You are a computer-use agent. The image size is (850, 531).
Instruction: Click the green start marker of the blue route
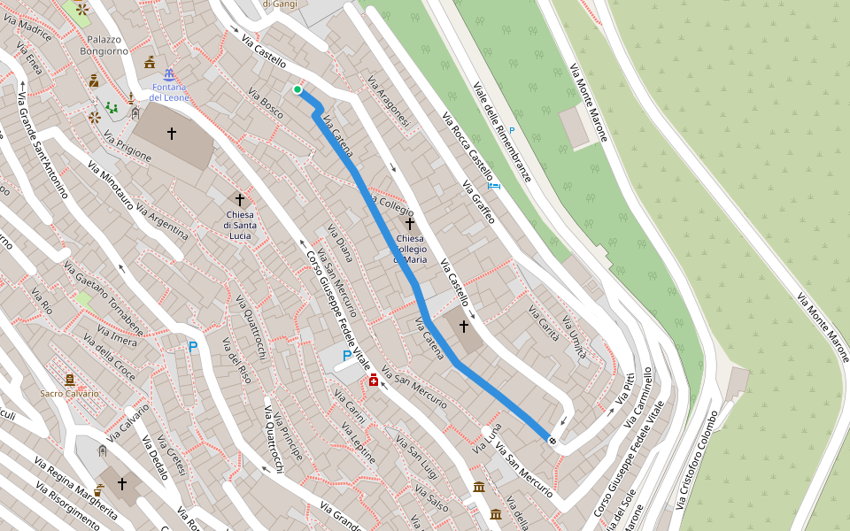(297, 89)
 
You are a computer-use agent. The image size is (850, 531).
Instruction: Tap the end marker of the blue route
(552, 440)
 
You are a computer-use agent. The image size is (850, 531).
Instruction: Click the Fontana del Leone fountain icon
(168, 74)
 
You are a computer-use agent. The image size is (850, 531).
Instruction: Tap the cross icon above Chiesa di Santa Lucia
(239, 200)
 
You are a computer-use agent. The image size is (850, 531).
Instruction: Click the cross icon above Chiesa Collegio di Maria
(410, 224)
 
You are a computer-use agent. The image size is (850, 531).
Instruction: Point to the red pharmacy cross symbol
(374, 380)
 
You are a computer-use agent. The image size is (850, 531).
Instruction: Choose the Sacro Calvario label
(69, 393)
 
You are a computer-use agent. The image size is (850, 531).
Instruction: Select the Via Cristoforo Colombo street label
(696, 459)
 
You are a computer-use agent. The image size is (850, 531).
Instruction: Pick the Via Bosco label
(266, 104)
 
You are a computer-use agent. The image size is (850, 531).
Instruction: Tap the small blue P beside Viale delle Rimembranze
(511, 131)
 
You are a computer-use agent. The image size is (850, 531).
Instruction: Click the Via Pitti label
(625, 393)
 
